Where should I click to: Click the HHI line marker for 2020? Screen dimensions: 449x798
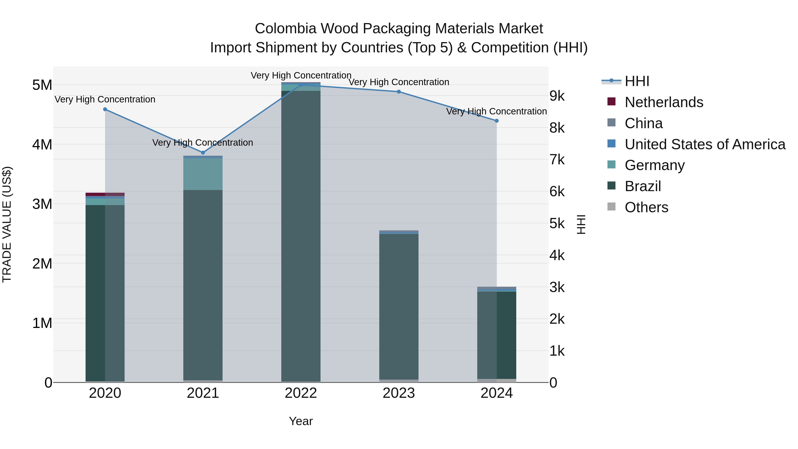[105, 109]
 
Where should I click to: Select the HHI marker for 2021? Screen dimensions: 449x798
[203, 153]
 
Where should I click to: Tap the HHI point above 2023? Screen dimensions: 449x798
[399, 92]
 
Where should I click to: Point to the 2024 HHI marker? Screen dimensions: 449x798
[497, 121]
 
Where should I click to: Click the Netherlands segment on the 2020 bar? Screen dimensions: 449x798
[105, 194]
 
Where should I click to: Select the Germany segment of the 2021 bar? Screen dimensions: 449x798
[203, 174]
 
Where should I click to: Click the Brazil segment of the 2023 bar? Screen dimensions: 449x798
[399, 307]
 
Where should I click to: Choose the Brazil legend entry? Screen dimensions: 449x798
[643, 186]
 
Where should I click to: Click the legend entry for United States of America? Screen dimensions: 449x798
[705, 144]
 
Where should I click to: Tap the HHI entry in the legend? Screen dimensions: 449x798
[637, 81]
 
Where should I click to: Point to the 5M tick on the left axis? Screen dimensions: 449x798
[42, 85]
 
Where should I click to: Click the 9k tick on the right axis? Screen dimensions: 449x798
[557, 96]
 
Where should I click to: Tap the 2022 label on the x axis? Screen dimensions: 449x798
[301, 393]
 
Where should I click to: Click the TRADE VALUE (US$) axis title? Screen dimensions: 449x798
[7, 224]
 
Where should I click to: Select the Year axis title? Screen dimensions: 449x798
[301, 421]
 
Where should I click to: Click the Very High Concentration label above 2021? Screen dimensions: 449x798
[203, 143]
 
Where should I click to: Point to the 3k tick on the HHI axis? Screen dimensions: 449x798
[557, 287]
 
